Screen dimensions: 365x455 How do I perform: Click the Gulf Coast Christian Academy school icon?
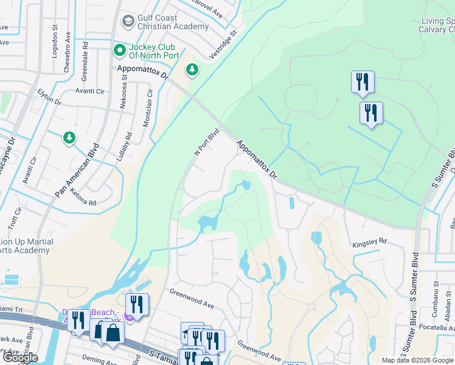coord(128,22)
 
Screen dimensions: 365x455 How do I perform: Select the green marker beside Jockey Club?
coord(119,48)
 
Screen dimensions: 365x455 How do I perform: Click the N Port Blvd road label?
coord(206,142)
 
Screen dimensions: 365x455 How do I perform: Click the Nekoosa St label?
coord(123,96)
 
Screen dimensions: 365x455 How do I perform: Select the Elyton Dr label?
coord(50,97)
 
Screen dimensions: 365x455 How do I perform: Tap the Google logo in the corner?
coord(20,358)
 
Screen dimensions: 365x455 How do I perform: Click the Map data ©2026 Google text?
coord(417,360)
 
